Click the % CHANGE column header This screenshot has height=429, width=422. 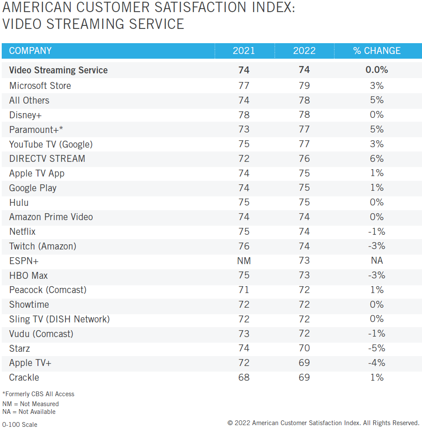click(x=377, y=51)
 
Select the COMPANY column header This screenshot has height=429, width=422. click(x=30, y=51)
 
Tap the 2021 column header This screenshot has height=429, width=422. click(x=244, y=51)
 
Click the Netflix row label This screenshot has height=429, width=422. click(x=22, y=232)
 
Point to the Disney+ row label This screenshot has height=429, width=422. click(x=25, y=115)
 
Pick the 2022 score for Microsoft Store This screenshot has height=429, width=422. click(x=304, y=85)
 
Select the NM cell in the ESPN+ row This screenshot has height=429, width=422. click(x=244, y=261)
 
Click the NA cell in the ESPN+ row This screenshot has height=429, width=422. click(x=377, y=261)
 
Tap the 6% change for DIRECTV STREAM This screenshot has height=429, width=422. click(x=377, y=158)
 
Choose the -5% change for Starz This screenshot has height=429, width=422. click(x=377, y=348)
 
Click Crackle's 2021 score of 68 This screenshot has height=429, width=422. click(x=244, y=377)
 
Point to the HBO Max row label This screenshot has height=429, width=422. click(x=28, y=275)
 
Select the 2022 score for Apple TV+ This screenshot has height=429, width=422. click(x=304, y=363)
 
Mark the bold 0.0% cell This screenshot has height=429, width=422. click(x=377, y=70)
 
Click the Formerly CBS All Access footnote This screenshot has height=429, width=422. click(x=38, y=394)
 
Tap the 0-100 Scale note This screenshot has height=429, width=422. click(x=20, y=425)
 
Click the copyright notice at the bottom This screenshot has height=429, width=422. click(x=323, y=423)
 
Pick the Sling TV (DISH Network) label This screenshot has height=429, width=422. click(x=59, y=319)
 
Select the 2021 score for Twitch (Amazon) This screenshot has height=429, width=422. click(x=244, y=246)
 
